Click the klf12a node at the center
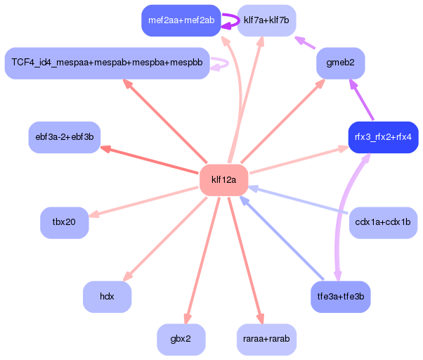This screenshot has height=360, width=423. [x=223, y=180]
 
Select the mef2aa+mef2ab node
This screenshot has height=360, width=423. [x=181, y=20]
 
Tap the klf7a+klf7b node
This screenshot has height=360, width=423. [x=266, y=20]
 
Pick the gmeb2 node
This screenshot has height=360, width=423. [x=341, y=63]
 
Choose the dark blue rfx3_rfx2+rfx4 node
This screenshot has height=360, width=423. [x=384, y=137]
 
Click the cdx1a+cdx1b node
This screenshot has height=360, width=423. [x=383, y=223]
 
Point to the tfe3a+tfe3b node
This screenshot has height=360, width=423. [x=341, y=297]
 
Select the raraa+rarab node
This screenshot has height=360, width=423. [x=266, y=340]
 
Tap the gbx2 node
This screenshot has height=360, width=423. [x=181, y=340]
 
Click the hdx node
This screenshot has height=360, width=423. [x=107, y=297]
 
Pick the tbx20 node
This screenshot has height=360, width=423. [x=64, y=223]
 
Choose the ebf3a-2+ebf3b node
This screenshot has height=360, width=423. [x=65, y=137]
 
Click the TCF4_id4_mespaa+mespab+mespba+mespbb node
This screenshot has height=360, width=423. [x=107, y=63]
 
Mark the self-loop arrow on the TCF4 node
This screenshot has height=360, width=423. [x=228, y=64]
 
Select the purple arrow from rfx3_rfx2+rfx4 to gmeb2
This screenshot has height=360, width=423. [x=361, y=100]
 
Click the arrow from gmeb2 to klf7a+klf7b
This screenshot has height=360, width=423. [x=305, y=43]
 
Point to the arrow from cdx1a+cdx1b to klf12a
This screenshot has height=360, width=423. [x=298, y=200]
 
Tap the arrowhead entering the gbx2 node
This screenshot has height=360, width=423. [x=187, y=319]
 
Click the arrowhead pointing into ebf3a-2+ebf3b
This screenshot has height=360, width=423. [x=105, y=149]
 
